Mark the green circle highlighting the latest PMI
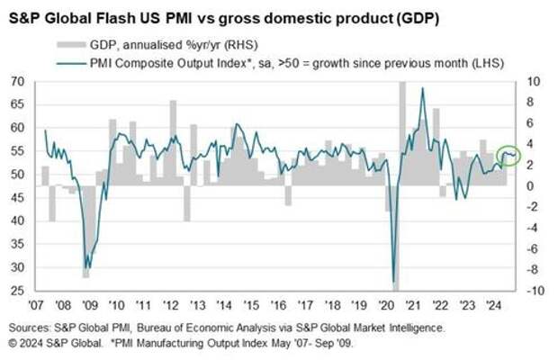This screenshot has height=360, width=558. coord(508,156)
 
